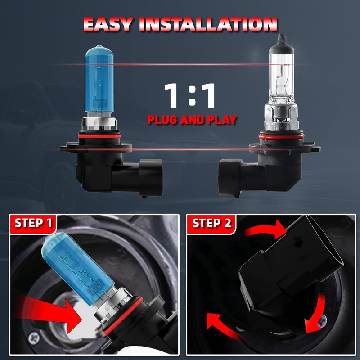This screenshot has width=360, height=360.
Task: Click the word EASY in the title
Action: pyautogui.click(x=108, y=24)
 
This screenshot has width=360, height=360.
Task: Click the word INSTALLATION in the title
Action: pyautogui.click(x=208, y=24)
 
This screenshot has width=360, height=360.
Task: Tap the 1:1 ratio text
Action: pyautogui.click(x=189, y=96)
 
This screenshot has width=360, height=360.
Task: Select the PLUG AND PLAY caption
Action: pyautogui.click(x=192, y=120)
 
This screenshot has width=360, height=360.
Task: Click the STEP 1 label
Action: pyautogui.click(x=33, y=223)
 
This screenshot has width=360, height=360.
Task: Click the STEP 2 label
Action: pyautogui.click(x=211, y=223)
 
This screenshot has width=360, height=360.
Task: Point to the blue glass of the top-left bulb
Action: pyautogui.click(x=99, y=79)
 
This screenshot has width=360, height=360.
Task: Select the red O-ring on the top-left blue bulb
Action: pyautogui.click(x=99, y=136)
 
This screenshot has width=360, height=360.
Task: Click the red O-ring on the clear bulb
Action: pyautogui.click(x=281, y=137)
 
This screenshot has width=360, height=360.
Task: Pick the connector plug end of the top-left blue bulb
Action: pyautogui.click(x=151, y=178)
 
